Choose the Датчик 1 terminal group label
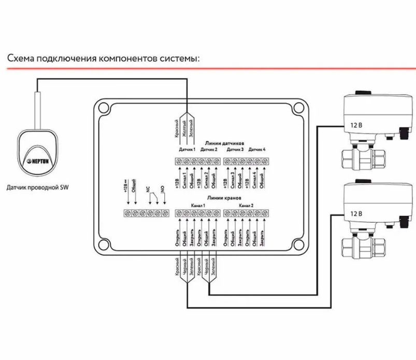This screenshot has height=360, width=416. tap(187, 150)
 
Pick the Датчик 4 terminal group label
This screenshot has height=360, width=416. tap(257, 150)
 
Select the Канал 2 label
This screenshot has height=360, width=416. tap(246, 205)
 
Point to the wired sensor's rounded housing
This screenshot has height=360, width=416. tap(37, 155)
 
